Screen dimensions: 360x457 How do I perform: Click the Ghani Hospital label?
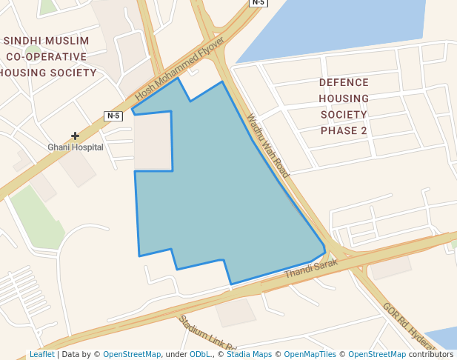coord(76,147)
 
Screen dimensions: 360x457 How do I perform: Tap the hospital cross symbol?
coord(75,136)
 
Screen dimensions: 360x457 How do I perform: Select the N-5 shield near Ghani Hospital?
coord(113,116)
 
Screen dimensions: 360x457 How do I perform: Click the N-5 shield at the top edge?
coord(258,3)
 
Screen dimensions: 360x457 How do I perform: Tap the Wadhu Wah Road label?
coord(267,145)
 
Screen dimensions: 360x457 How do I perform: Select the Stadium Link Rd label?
coord(207,333)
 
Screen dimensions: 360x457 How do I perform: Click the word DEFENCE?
coord(344,83)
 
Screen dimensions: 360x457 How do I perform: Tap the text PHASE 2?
coord(344,130)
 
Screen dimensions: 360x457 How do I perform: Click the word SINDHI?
coord(24,41)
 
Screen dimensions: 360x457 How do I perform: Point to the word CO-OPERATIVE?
coord(47,56)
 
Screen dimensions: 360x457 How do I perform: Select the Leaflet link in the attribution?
coord(41,355)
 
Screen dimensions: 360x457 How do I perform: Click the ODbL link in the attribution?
coord(200,355)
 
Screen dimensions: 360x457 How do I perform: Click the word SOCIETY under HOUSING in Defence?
coord(344,115)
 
